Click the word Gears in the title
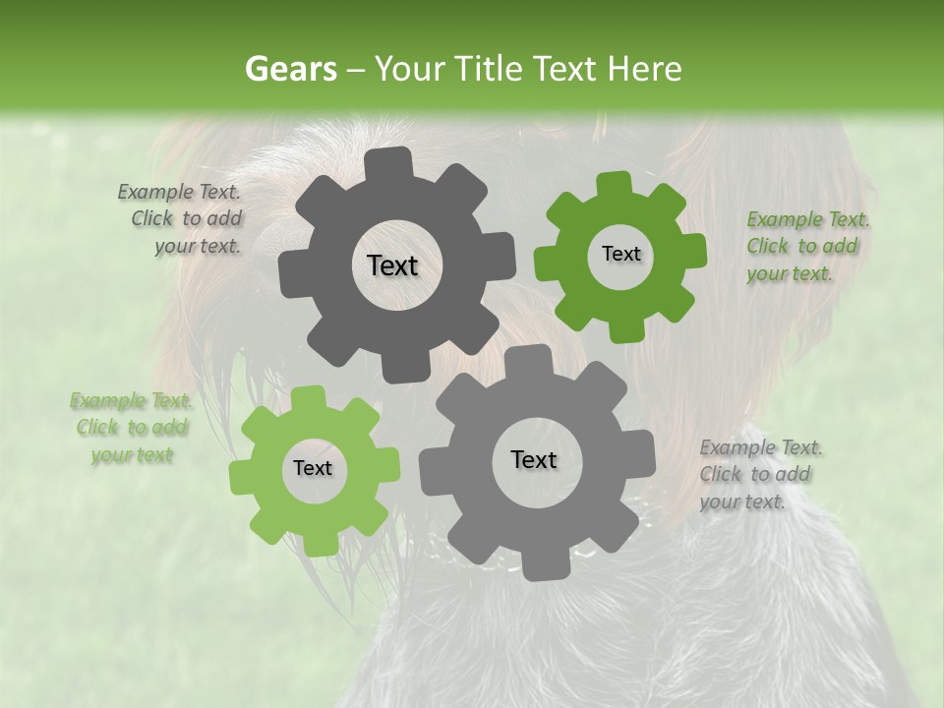[x=290, y=69]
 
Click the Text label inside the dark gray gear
[x=392, y=265]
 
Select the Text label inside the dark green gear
[x=620, y=254]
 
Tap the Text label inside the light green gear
[x=313, y=468]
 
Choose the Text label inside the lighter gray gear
[x=534, y=459]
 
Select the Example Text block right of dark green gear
[x=806, y=246]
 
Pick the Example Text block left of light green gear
[x=131, y=428]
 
